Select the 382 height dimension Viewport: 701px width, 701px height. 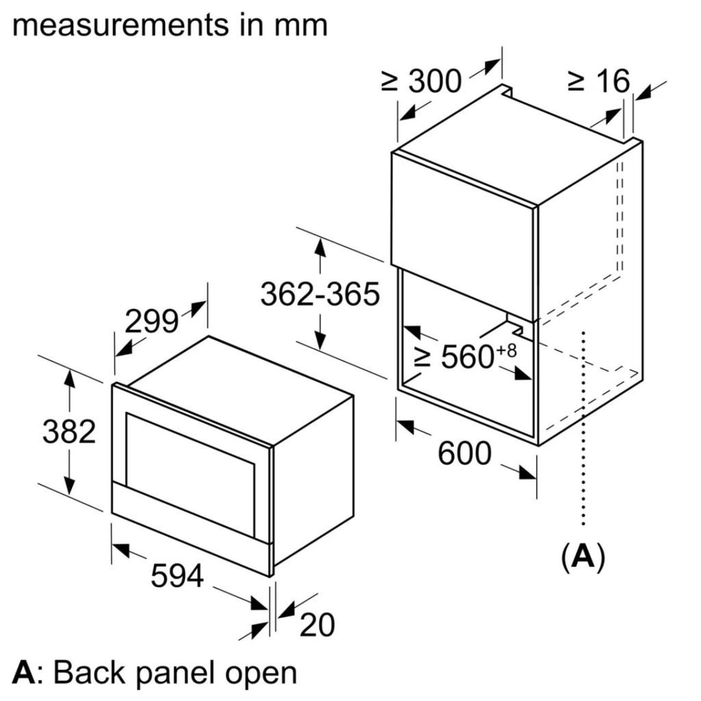(69, 431)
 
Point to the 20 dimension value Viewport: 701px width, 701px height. (316, 624)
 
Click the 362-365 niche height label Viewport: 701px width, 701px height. (320, 294)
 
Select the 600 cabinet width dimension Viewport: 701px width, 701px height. (464, 453)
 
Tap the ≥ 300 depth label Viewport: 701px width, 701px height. (422, 81)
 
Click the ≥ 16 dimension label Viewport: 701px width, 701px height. (598, 81)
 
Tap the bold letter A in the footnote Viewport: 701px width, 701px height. (23, 673)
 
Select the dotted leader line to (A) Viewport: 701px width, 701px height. (583, 424)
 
